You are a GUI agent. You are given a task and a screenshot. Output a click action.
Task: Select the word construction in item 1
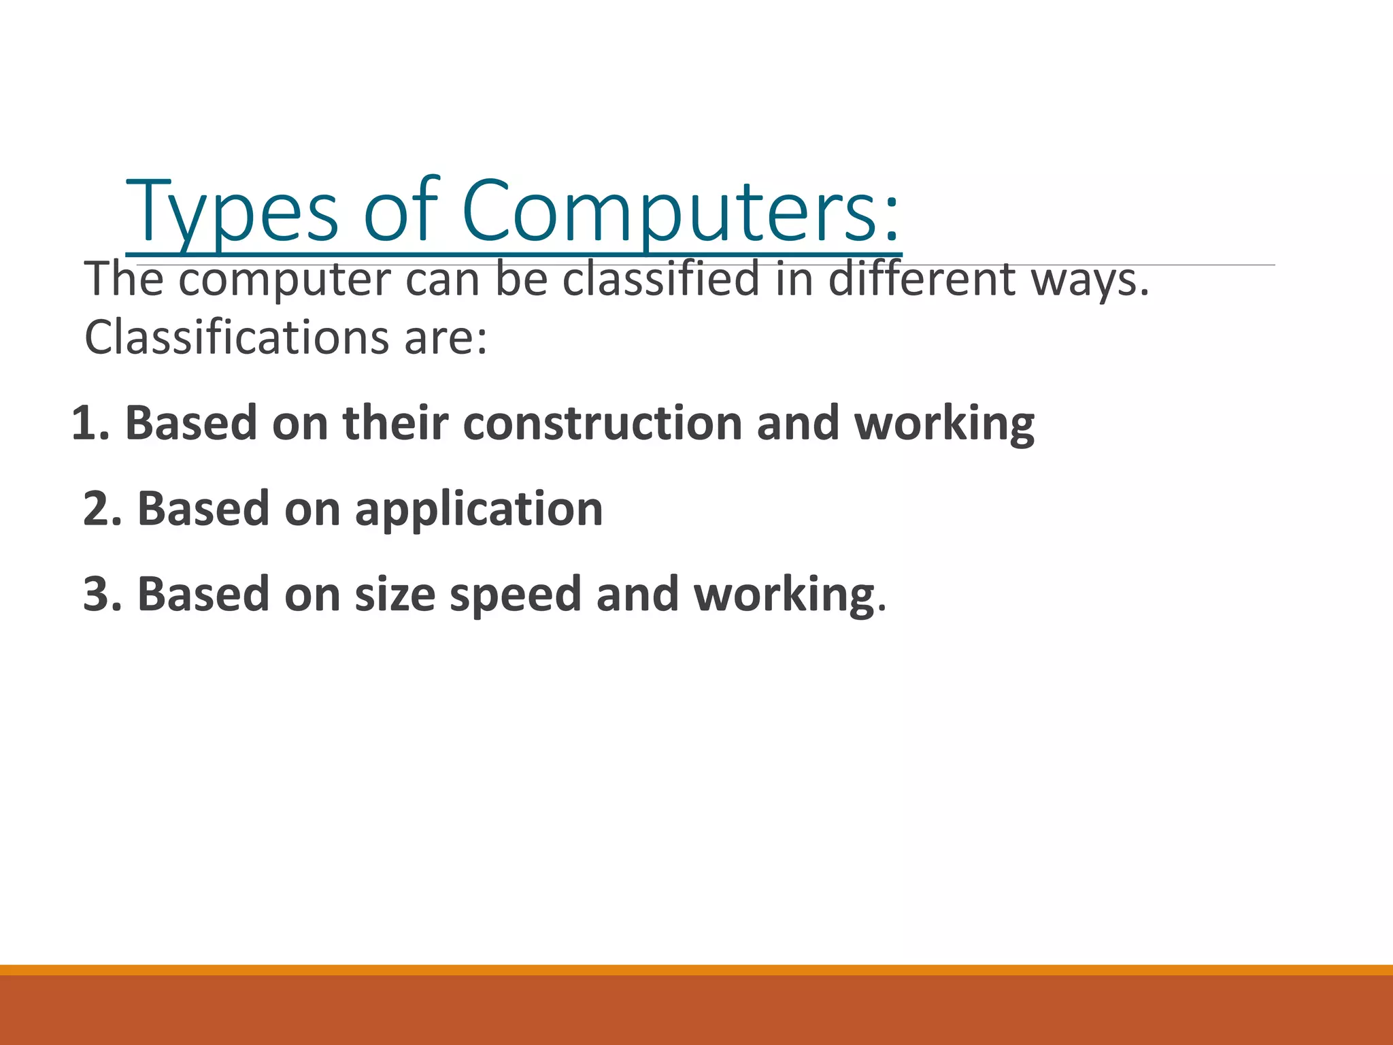[x=601, y=423]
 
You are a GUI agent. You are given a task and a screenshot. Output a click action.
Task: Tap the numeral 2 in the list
[x=95, y=509]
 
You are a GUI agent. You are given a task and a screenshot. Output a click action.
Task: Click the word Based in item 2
[x=203, y=509]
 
